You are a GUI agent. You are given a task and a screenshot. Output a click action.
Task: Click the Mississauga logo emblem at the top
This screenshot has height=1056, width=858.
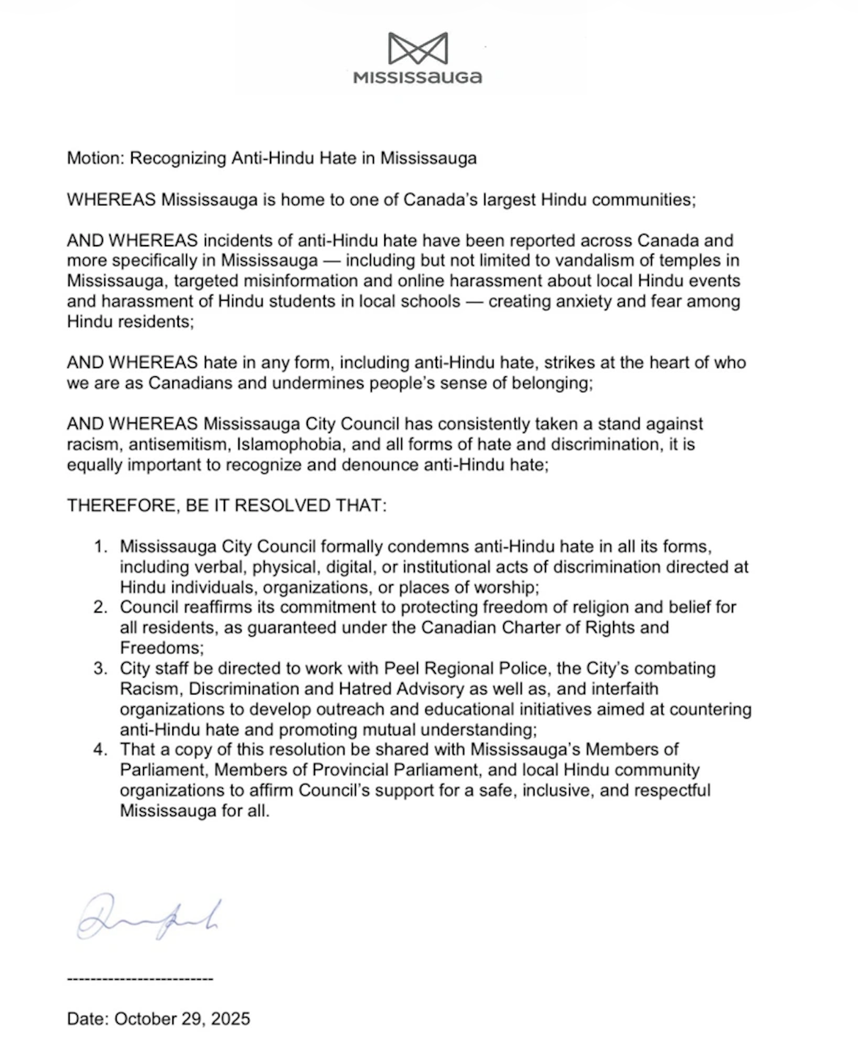point(417,48)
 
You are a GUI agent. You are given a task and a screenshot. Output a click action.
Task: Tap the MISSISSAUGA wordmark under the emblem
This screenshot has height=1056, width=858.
point(417,77)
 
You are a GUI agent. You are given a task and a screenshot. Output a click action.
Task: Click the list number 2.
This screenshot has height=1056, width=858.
point(100,607)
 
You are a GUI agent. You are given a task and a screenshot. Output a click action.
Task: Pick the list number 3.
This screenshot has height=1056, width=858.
point(100,668)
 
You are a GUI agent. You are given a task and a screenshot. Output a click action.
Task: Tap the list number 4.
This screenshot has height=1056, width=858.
point(100,749)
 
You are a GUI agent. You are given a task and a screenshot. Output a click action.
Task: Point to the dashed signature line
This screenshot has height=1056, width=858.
point(139,979)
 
